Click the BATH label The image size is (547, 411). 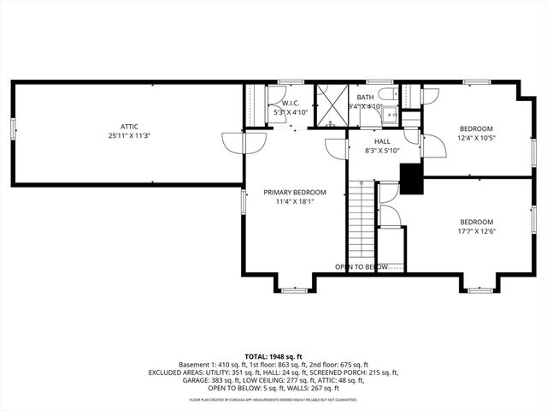(365, 98)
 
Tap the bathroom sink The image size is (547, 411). (391, 112)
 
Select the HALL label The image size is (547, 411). (381, 141)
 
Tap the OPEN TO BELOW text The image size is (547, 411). (362, 267)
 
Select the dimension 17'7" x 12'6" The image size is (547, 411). (476, 230)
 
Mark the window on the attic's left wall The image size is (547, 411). (13, 128)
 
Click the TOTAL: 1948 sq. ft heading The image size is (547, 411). (273, 355)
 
